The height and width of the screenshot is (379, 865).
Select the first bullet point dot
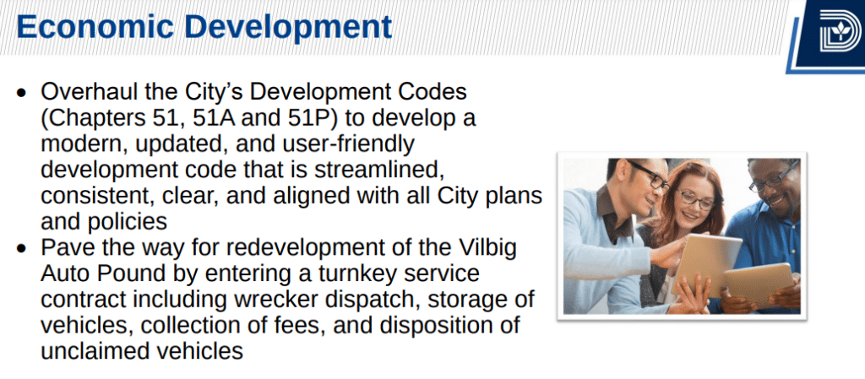[21, 93]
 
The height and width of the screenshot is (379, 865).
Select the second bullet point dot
[21, 248]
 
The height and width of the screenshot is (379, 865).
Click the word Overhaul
[88, 91]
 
